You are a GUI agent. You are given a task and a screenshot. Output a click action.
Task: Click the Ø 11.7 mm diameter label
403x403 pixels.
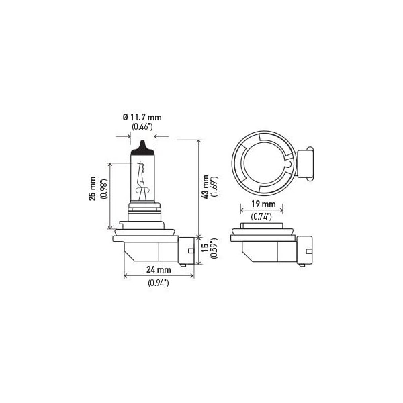142,118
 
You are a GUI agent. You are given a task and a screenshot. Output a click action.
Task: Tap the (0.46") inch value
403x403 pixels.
142,126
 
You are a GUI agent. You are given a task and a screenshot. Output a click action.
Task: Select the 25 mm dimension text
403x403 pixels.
92,188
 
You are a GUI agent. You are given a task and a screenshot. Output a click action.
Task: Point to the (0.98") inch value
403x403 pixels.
104,189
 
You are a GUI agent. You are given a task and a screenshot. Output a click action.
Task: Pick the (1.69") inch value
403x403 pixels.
214,187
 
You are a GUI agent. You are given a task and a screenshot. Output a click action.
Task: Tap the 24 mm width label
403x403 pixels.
159,269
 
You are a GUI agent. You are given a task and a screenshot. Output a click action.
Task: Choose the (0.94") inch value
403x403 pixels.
159,283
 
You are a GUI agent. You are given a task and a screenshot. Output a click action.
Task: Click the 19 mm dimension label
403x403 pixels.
263,204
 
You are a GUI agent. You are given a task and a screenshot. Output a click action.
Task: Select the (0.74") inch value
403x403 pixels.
261,217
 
